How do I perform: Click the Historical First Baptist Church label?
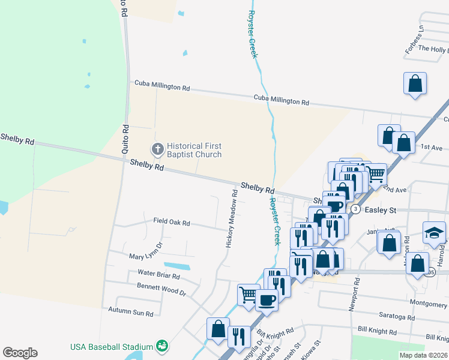pyautogui.click(x=194, y=150)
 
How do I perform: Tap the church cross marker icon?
pyautogui.click(x=157, y=148)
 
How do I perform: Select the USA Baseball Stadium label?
pyautogui.click(x=112, y=346)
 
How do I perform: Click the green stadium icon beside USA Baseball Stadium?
pyautogui.click(x=161, y=346)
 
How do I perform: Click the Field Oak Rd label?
pyautogui.click(x=171, y=223)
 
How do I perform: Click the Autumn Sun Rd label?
pyautogui.click(x=131, y=312)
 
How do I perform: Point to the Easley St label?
pyautogui.click(x=381, y=211)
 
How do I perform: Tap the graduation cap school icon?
pyautogui.click(x=435, y=232)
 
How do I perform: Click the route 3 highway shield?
pyautogui.click(x=356, y=209)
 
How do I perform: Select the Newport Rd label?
pyautogui.click(x=356, y=294)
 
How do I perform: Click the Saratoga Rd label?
pyautogui.click(x=397, y=317)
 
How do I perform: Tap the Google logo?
pyautogui.click(x=20, y=353)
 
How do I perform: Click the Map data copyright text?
pyautogui.click(x=423, y=355)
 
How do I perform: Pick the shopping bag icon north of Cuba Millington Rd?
pyautogui.click(x=415, y=83)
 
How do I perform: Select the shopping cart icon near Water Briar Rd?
pyautogui.click(x=248, y=294)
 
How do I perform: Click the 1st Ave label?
pyautogui.click(x=431, y=147)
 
